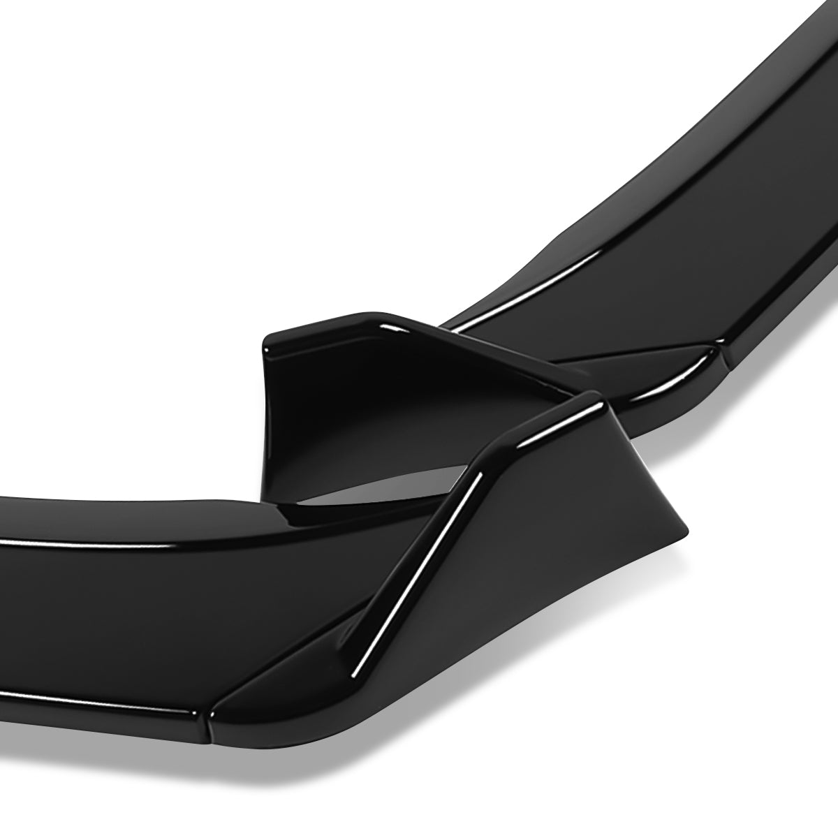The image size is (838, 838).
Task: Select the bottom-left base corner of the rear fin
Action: click(269, 489)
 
